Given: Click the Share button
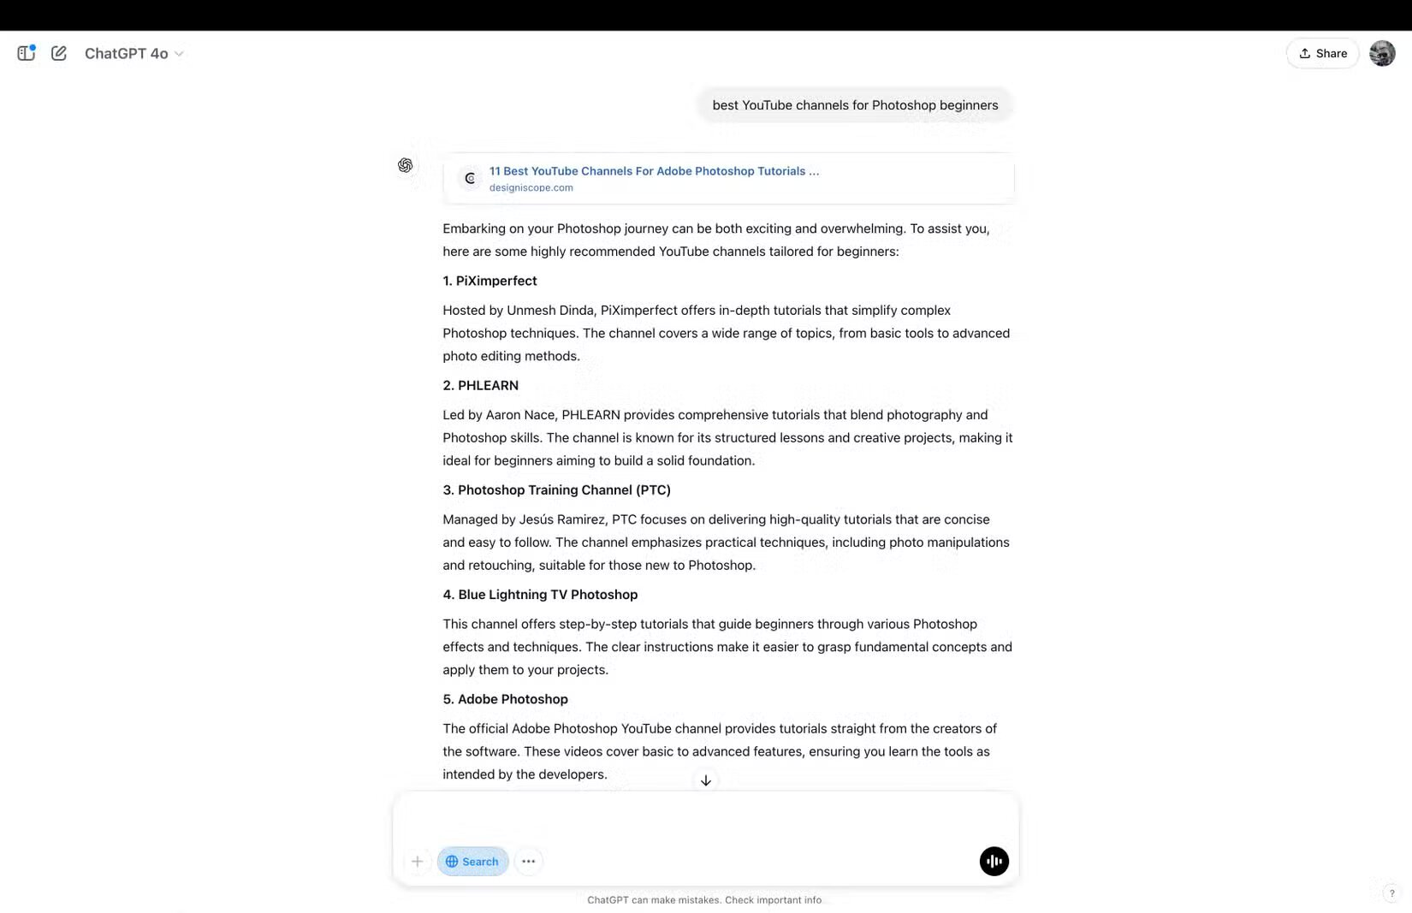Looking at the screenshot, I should [x=1322, y=53].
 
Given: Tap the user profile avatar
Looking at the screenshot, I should [x=1382, y=53].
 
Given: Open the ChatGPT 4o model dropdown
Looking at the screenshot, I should [x=134, y=54].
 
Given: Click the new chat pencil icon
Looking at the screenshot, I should [x=59, y=53].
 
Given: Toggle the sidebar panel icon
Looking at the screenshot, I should [x=26, y=53].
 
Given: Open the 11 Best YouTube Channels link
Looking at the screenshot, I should [x=654, y=171].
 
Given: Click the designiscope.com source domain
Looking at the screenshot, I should [x=531, y=188].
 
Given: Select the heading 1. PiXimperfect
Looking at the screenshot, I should [x=489, y=281].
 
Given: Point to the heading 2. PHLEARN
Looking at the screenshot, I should [x=480, y=385].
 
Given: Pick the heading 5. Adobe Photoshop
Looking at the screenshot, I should [x=505, y=699].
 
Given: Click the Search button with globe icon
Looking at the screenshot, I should [x=472, y=862].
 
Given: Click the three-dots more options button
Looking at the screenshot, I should [x=529, y=862].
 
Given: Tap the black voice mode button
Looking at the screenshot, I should [x=994, y=862].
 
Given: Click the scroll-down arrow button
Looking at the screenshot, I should [x=706, y=780].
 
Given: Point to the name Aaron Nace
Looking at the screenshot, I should [x=520, y=415].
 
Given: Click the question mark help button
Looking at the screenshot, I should [x=1391, y=893].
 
